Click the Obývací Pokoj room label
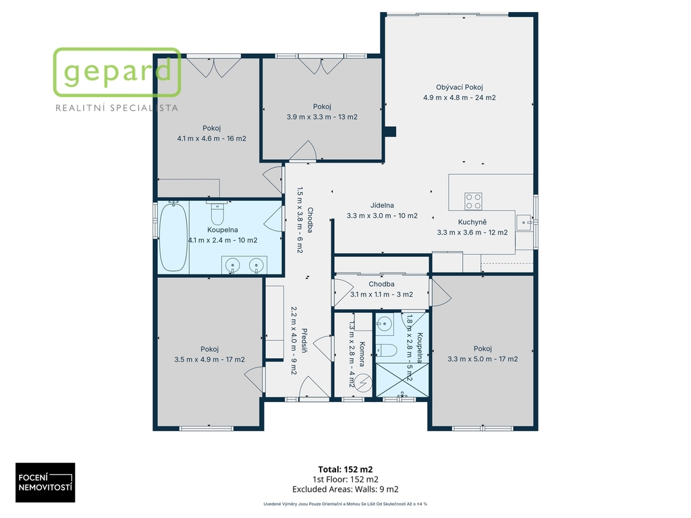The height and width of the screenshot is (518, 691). click(x=459, y=87)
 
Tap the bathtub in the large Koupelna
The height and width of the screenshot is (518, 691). click(x=173, y=237)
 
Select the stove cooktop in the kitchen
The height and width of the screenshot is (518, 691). click(x=473, y=201)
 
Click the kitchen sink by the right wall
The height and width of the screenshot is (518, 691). click(x=524, y=223)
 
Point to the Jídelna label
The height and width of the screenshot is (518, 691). click(x=382, y=205)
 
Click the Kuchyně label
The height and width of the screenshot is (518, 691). click(x=472, y=222)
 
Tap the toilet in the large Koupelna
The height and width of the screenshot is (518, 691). click(x=217, y=213)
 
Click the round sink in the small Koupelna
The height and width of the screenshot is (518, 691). click(x=384, y=324)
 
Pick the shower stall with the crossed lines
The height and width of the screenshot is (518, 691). click(x=402, y=380)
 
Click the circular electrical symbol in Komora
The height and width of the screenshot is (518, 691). click(x=363, y=383)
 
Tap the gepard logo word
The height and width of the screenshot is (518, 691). click(x=117, y=71)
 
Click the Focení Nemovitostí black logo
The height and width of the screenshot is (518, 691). click(x=45, y=482)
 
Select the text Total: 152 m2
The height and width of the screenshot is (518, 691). click(x=345, y=469)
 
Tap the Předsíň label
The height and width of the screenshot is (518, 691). click(x=304, y=341)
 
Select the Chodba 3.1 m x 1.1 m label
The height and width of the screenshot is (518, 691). click(x=382, y=289)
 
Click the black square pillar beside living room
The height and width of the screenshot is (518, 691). click(x=390, y=132)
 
